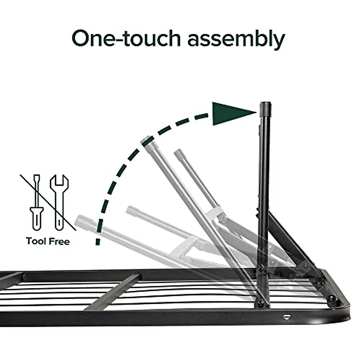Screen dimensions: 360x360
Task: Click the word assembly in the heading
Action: (x=236, y=40)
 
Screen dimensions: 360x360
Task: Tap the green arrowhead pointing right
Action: (x=231, y=113)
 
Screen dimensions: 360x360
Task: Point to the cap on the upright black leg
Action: (x=265, y=107)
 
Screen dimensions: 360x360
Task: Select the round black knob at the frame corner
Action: (x=332, y=298)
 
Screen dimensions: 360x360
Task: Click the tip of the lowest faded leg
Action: (x=80, y=220)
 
